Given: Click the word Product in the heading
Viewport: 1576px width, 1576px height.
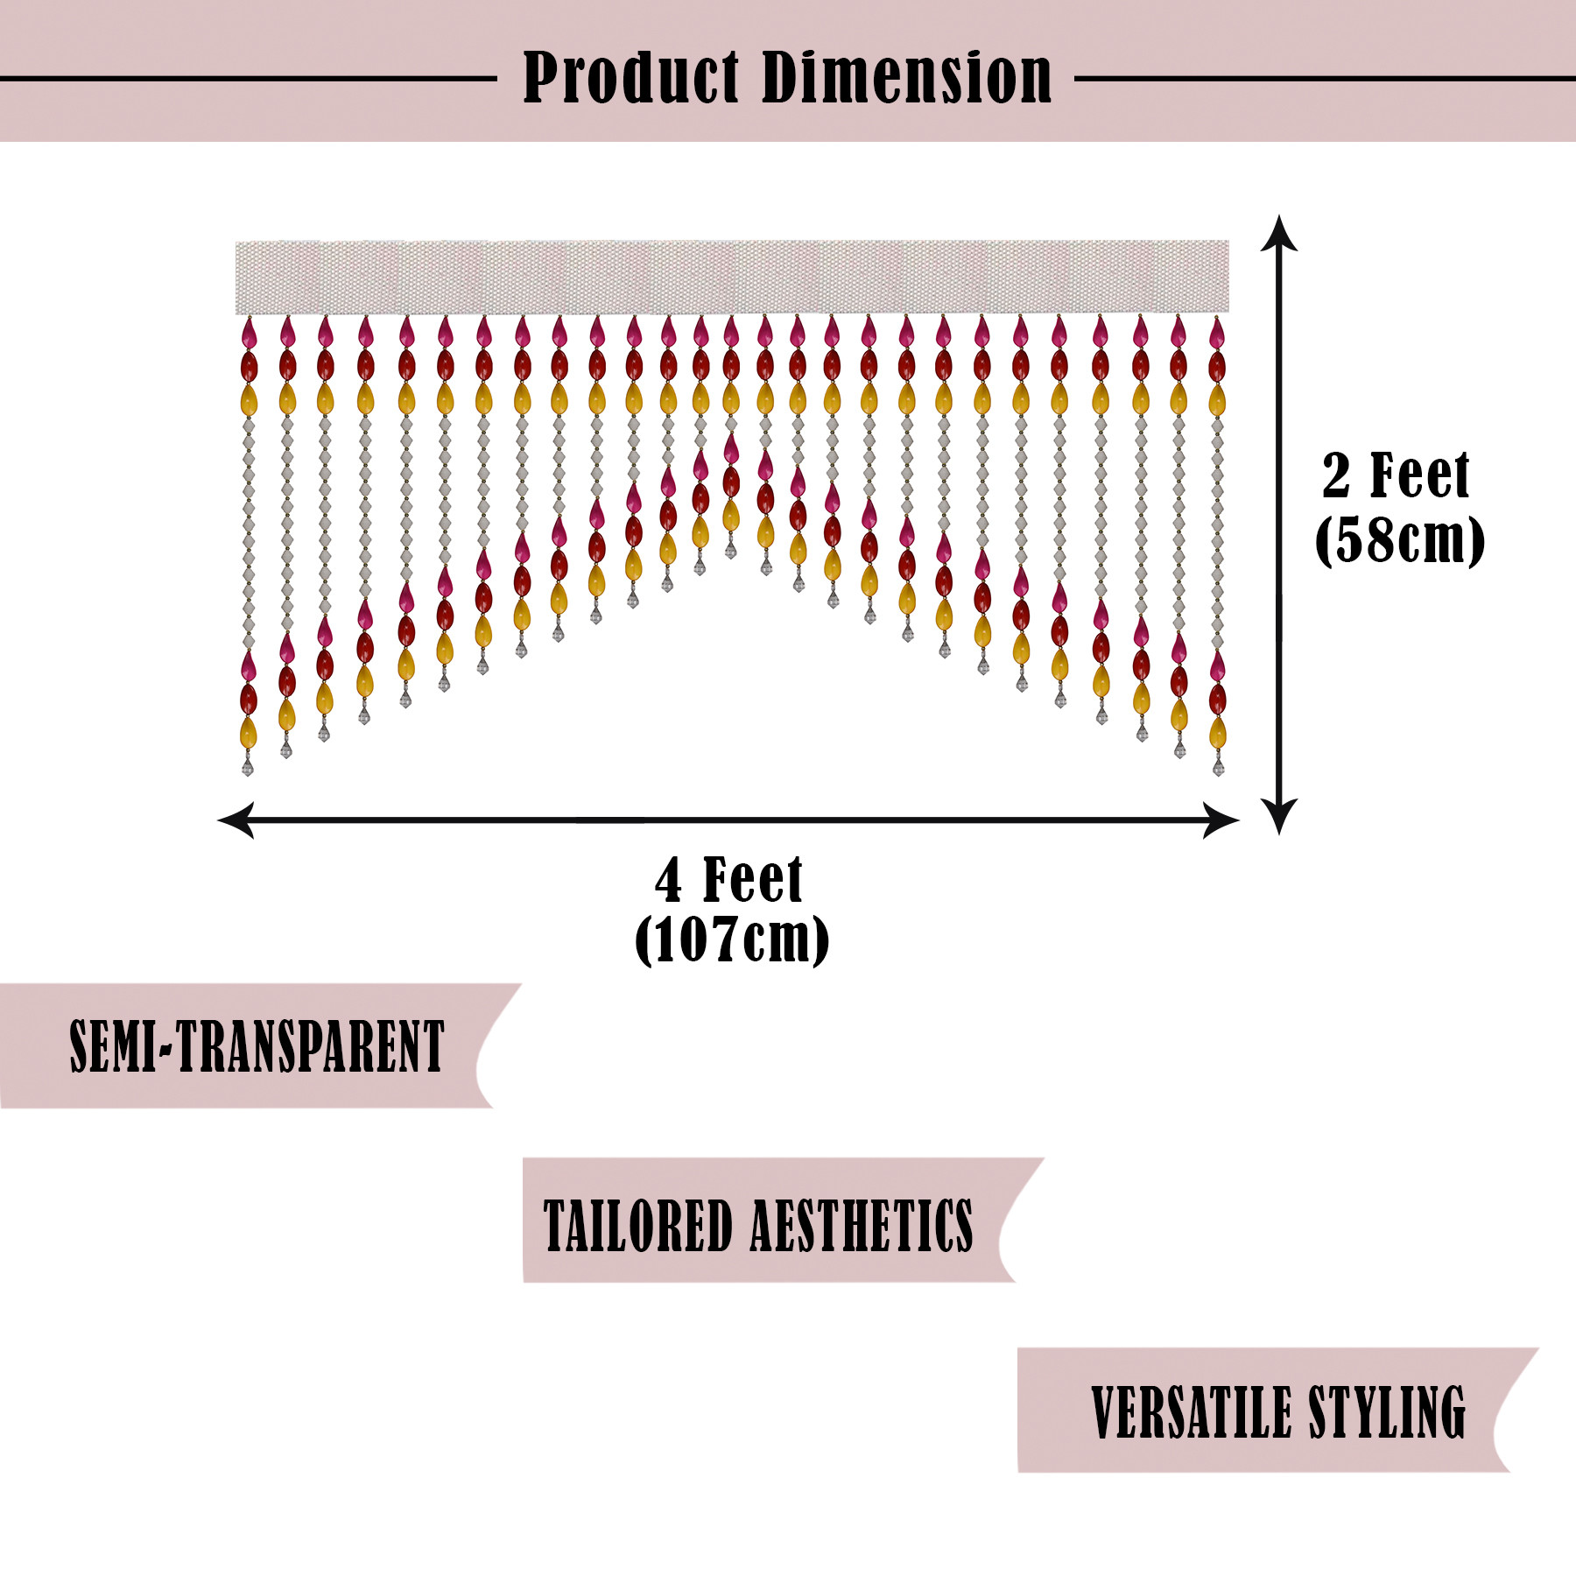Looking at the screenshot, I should (630, 79).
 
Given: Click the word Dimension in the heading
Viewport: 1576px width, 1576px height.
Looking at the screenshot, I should (907, 79).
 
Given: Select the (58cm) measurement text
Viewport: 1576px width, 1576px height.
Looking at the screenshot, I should (1399, 540).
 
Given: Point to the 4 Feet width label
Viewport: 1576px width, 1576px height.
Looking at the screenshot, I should (728, 880).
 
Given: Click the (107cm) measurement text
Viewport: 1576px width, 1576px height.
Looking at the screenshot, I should (732, 940).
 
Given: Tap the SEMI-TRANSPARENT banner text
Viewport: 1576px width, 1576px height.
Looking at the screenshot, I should (257, 1046).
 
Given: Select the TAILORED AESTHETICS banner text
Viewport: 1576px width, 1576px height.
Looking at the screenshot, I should (758, 1226).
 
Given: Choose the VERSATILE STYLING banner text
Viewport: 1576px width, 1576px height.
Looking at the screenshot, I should (1278, 1412).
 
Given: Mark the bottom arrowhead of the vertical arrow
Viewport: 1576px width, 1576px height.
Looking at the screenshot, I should (1279, 818).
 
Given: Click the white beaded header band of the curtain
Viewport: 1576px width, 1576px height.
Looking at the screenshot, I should (732, 277).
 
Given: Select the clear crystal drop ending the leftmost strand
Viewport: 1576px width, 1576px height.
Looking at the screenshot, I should (248, 767).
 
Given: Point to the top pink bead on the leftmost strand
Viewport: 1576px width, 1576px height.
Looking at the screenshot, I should (249, 334).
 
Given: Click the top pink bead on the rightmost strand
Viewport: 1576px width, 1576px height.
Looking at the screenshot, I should (1217, 334).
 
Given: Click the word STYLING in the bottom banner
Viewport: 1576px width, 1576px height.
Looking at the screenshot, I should (1387, 1412).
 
